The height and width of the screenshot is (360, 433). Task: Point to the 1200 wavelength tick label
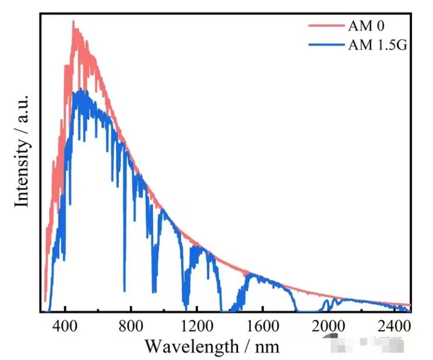coord(197,326)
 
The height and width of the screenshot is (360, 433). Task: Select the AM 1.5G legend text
coord(377,44)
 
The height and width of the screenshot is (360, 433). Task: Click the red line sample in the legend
coord(325,26)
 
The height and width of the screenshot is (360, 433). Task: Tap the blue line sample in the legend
coord(325,44)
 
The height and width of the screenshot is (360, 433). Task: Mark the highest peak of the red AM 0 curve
coord(73,22)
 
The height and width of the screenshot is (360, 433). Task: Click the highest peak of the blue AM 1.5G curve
coord(78,90)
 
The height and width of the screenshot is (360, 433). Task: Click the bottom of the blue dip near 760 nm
coord(124,290)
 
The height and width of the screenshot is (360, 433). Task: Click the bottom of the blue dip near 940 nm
coord(154,291)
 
